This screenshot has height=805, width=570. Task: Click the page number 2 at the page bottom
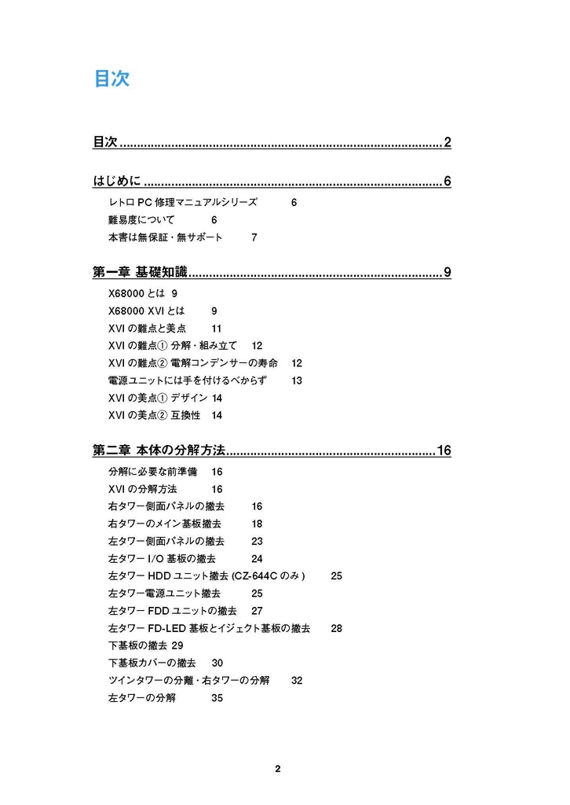pos(277,768)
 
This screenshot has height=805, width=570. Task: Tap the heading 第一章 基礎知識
pos(141,273)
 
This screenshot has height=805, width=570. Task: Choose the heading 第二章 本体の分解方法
pos(159,450)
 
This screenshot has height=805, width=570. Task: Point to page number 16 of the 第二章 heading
pos(444,450)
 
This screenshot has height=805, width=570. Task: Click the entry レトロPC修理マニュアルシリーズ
pos(182,202)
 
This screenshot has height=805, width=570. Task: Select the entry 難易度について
pos(141,220)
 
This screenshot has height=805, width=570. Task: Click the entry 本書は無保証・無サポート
pos(165,237)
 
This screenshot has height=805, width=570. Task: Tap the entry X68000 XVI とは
pos(146,311)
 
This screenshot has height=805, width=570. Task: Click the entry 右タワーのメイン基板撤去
pos(164,524)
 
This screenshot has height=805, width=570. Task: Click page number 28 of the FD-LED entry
pos(336,628)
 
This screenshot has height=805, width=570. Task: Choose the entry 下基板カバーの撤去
pos(152,663)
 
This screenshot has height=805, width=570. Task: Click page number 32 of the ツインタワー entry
pos(297,680)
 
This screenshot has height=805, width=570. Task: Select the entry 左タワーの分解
pos(141,697)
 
